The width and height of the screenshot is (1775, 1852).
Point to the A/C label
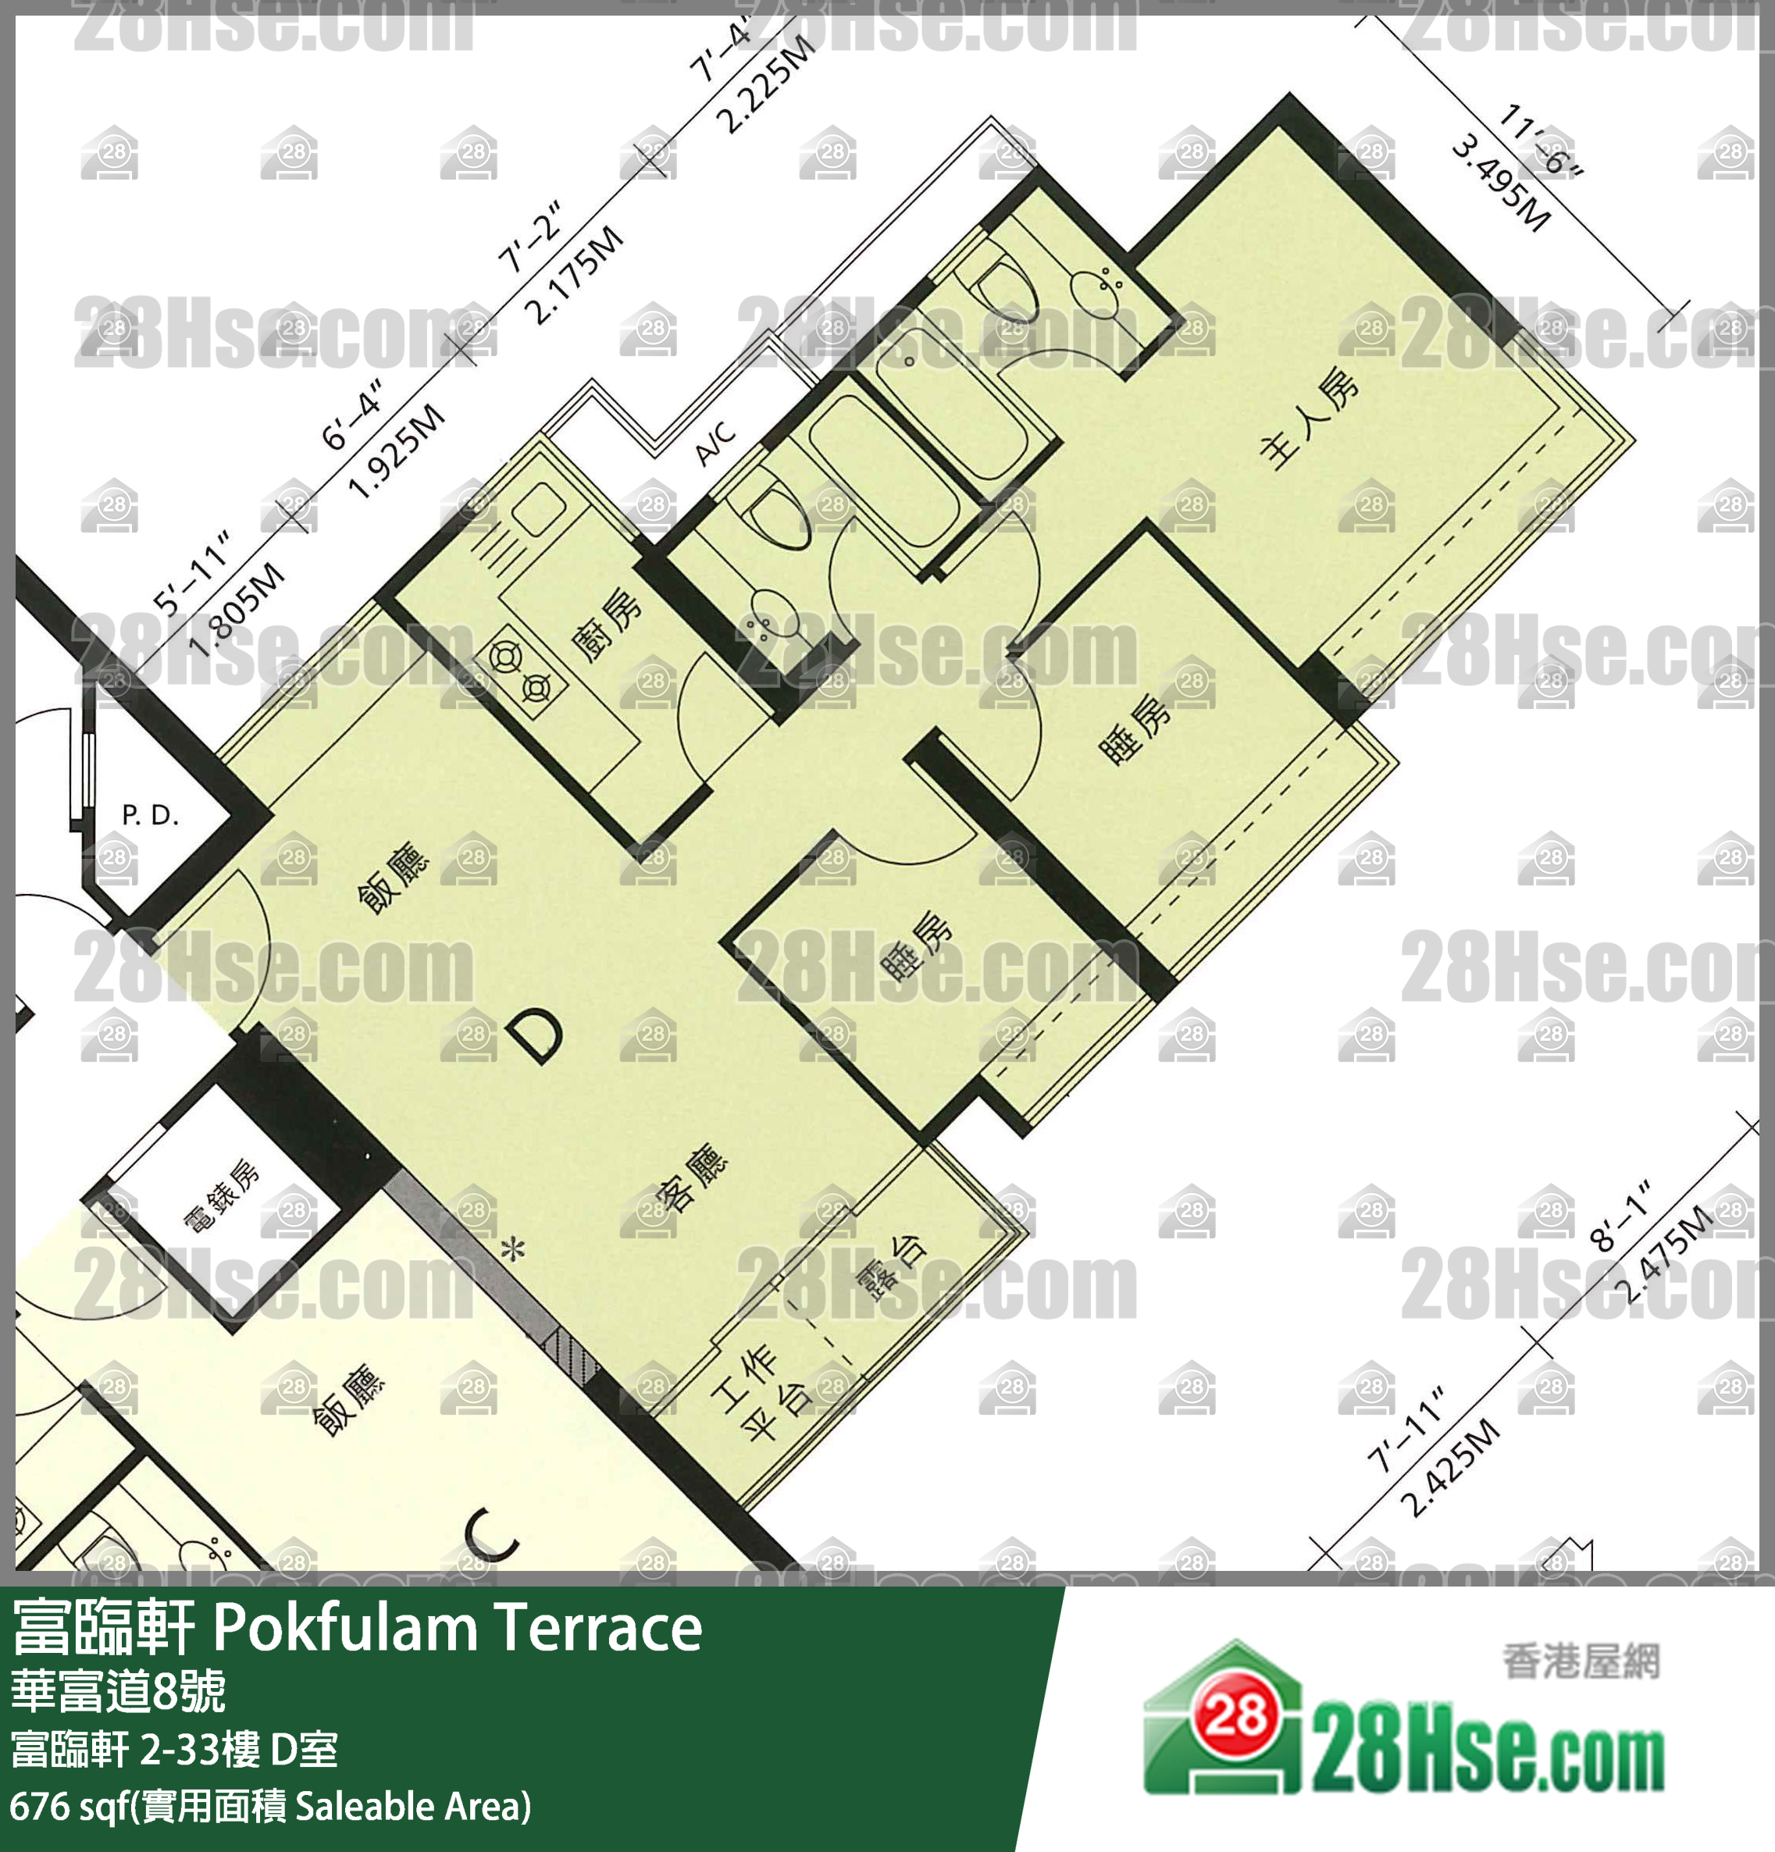[x=715, y=441]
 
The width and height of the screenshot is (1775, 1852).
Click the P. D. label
[x=150, y=814]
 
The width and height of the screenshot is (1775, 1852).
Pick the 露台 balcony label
[x=890, y=1267]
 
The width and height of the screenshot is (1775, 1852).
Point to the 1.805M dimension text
[x=237, y=610]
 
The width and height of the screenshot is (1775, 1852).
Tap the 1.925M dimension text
[x=396, y=451]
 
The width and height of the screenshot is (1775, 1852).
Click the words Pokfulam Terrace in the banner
[x=458, y=1629]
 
